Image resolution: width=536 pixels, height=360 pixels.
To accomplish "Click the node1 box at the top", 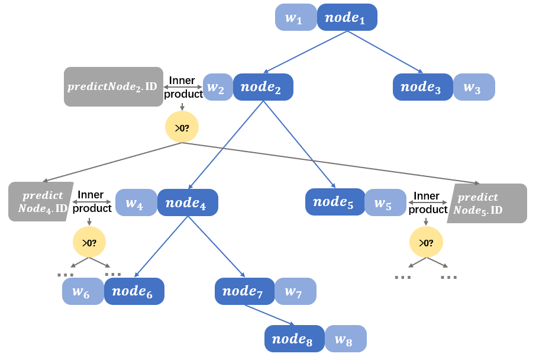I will click(x=347, y=17).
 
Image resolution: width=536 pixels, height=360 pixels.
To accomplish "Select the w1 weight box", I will click(x=295, y=17).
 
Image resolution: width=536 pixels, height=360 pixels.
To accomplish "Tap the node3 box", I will click(x=422, y=87).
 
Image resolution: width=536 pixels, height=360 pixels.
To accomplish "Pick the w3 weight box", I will click(x=474, y=87).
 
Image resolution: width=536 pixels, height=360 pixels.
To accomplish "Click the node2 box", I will click(x=263, y=87).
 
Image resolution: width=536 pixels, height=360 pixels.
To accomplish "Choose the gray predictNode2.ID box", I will click(x=113, y=86).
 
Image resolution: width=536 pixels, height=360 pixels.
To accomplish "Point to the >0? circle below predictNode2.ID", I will click(x=182, y=127).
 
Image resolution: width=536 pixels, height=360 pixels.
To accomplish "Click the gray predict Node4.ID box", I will click(x=40, y=201).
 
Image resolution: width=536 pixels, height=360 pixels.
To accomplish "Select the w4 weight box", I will click(x=136, y=202).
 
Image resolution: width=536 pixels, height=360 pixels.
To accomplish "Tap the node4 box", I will click(x=188, y=202).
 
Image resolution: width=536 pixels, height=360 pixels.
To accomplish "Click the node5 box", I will click(x=335, y=202).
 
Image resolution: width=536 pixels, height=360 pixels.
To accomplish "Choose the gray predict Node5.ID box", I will click(x=487, y=203).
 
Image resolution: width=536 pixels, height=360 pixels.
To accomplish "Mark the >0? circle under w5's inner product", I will click(x=426, y=242).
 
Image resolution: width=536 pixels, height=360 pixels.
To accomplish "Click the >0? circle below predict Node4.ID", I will click(x=89, y=242).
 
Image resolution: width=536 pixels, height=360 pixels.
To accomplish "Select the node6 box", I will click(x=134, y=291).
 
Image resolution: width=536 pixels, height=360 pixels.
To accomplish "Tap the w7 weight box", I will click(x=295, y=291).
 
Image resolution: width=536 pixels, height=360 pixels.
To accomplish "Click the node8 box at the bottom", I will click(x=294, y=339).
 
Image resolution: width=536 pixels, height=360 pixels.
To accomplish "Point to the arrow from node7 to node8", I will click(x=270, y=315).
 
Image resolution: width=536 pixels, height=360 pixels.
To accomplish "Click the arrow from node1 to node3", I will click(x=385, y=52).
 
